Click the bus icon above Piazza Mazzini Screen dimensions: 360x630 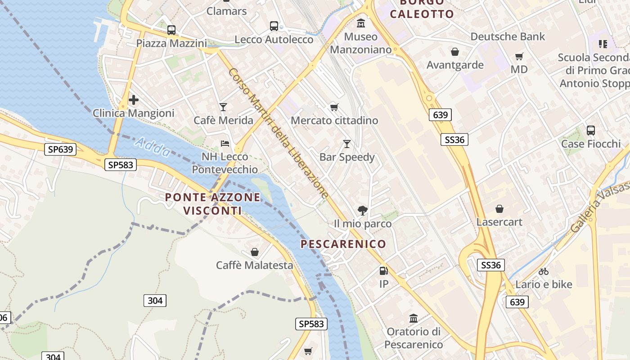[x=171, y=30]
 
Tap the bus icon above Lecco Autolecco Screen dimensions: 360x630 [x=274, y=26]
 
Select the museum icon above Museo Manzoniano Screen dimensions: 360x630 [x=361, y=23]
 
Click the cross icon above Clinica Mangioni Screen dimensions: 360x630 [x=134, y=100]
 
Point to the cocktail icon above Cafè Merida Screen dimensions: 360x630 [x=223, y=107]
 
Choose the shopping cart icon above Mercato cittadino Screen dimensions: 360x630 [x=334, y=107]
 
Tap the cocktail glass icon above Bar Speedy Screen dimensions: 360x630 [x=347, y=144]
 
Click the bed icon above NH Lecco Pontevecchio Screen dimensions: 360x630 [x=225, y=144]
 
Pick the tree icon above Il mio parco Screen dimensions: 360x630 [x=362, y=210]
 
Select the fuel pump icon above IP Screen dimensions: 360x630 [x=383, y=270]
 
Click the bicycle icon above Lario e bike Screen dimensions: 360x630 [x=544, y=271]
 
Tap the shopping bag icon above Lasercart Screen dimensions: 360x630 [x=499, y=209]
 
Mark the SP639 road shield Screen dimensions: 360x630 [x=60, y=149]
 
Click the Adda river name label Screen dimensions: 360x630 [x=153, y=147]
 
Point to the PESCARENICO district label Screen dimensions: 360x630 [x=343, y=244]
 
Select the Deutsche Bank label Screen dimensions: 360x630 [x=508, y=36]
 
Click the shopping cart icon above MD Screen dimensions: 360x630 [x=519, y=56]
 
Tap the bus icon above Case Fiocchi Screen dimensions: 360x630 [x=591, y=130]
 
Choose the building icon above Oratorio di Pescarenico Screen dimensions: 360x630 [x=414, y=319]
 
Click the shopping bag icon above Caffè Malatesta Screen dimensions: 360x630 [x=255, y=252]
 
